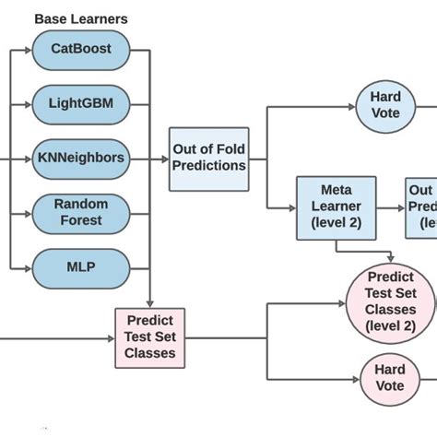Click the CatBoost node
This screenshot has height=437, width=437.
click(x=80, y=49)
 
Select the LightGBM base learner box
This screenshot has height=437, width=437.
click(x=80, y=103)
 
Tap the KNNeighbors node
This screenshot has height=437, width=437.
click(x=80, y=158)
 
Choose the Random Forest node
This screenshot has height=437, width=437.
click(x=80, y=213)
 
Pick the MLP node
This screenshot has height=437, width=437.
click(x=80, y=267)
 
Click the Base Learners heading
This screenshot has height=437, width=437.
click(x=80, y=18)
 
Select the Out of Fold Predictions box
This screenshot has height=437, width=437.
click(x=209, y=158)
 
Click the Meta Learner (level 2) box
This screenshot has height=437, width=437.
click(x=336, y=207)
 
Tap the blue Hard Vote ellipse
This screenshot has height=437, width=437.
click(x=385, y=106)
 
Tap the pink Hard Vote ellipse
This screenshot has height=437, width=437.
click(x=389, y=378)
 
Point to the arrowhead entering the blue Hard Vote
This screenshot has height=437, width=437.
click(x=351, y=107)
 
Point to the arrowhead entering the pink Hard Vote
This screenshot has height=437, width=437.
click(x=355, y=378)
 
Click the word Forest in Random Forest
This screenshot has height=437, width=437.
click(x=80, y=221)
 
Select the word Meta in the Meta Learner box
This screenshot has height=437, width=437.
click(x=336, y=191)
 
